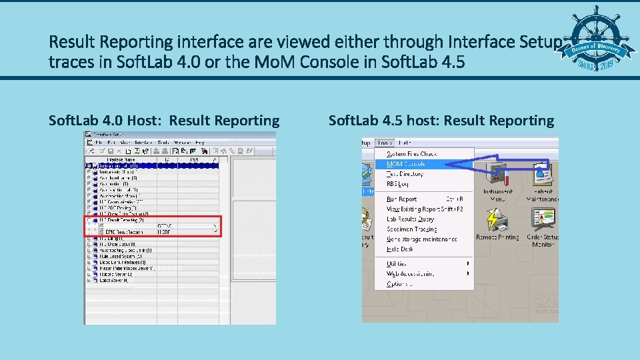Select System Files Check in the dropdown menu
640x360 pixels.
coord(411,154)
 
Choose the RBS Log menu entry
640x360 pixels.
coord(397,184)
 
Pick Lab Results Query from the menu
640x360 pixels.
coord(410,219)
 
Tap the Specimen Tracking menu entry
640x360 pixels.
coord(411,229)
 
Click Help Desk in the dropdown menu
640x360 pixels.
coord(400,249)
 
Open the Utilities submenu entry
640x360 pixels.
coord(397,263)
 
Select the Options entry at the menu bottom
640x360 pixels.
coord(399,283)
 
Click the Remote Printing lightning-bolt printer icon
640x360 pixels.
coord(497,221)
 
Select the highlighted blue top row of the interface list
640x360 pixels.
coord(153,165)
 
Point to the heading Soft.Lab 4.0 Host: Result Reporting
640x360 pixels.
coord(164,121)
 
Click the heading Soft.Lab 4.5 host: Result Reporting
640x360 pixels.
coord(441,121)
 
